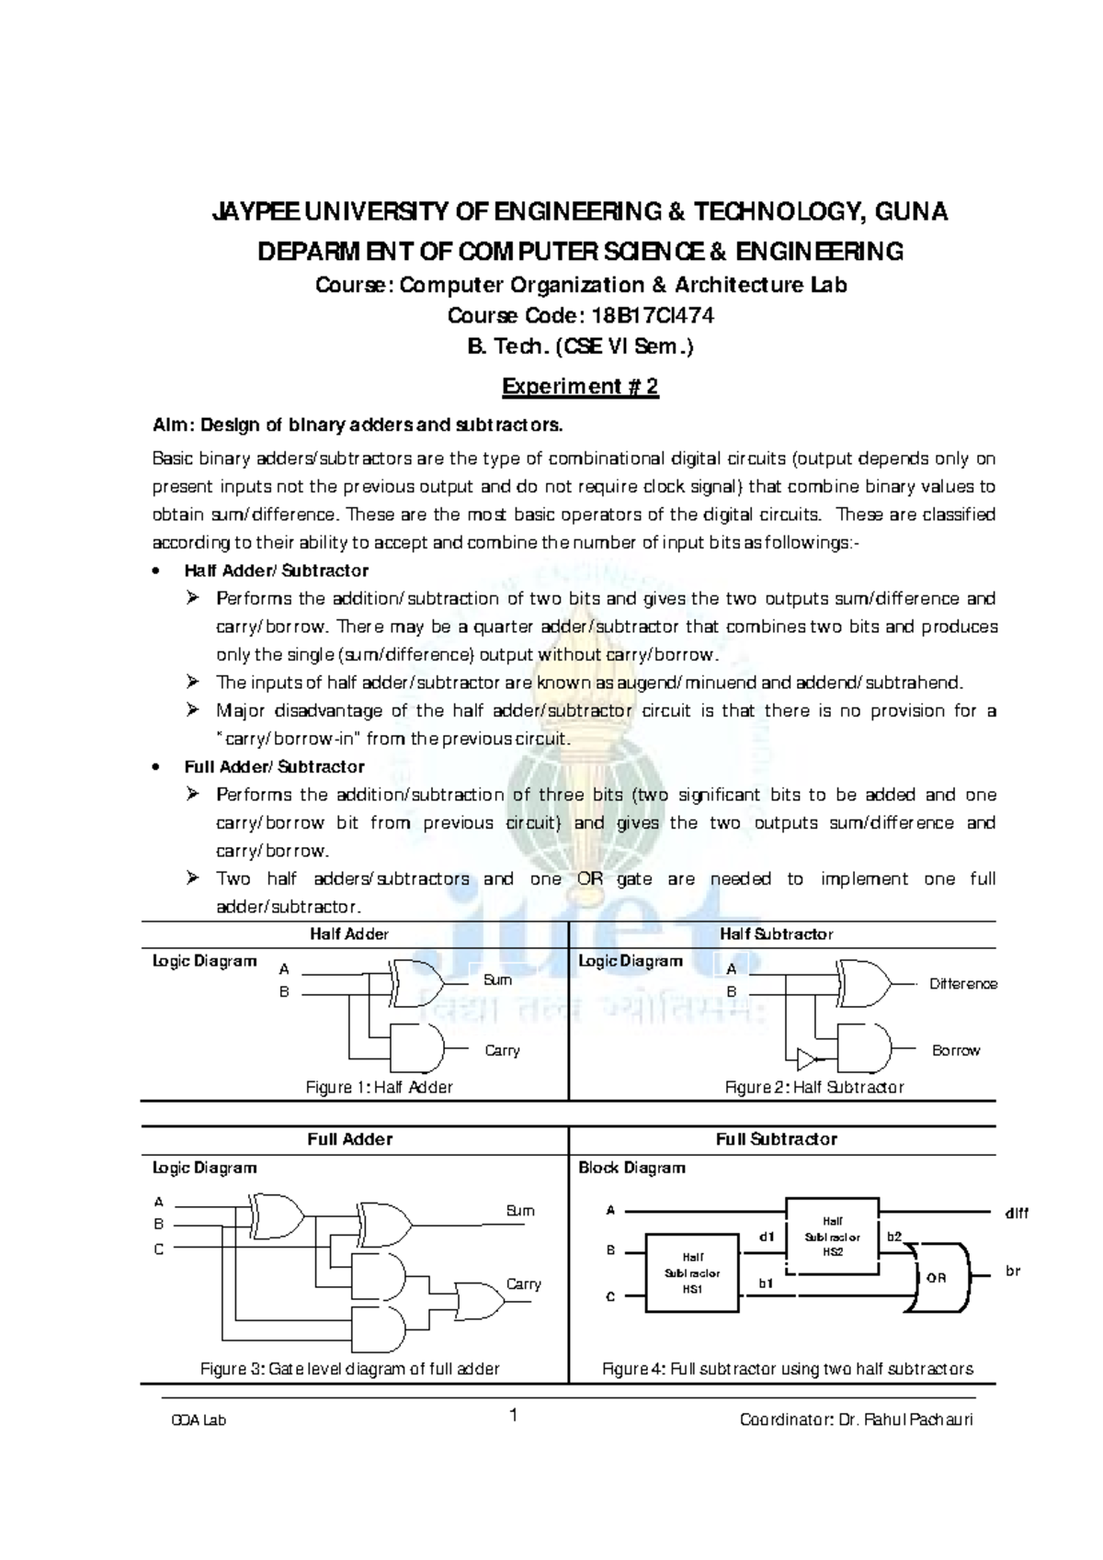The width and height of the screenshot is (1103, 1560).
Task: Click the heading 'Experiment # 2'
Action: coord(580,387)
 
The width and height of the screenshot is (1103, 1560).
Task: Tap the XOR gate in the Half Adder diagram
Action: coord(415,983)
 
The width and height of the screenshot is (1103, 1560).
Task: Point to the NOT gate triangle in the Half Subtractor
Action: coord(806,1058)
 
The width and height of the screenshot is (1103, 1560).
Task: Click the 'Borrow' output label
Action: coord(956,1050)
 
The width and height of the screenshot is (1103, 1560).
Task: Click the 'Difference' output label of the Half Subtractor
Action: coord(962,984)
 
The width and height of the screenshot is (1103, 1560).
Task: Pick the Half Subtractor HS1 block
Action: coord(692,1273)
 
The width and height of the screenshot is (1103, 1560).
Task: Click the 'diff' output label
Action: coord(1016,1213)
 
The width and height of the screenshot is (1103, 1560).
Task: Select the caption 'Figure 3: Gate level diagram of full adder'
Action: coord(350,1369)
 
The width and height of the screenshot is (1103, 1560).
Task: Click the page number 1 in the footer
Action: coord(515,1416)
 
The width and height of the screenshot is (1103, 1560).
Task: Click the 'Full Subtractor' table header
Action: coord(777,1139)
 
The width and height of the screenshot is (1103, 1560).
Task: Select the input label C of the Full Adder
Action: coord(159,1249)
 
